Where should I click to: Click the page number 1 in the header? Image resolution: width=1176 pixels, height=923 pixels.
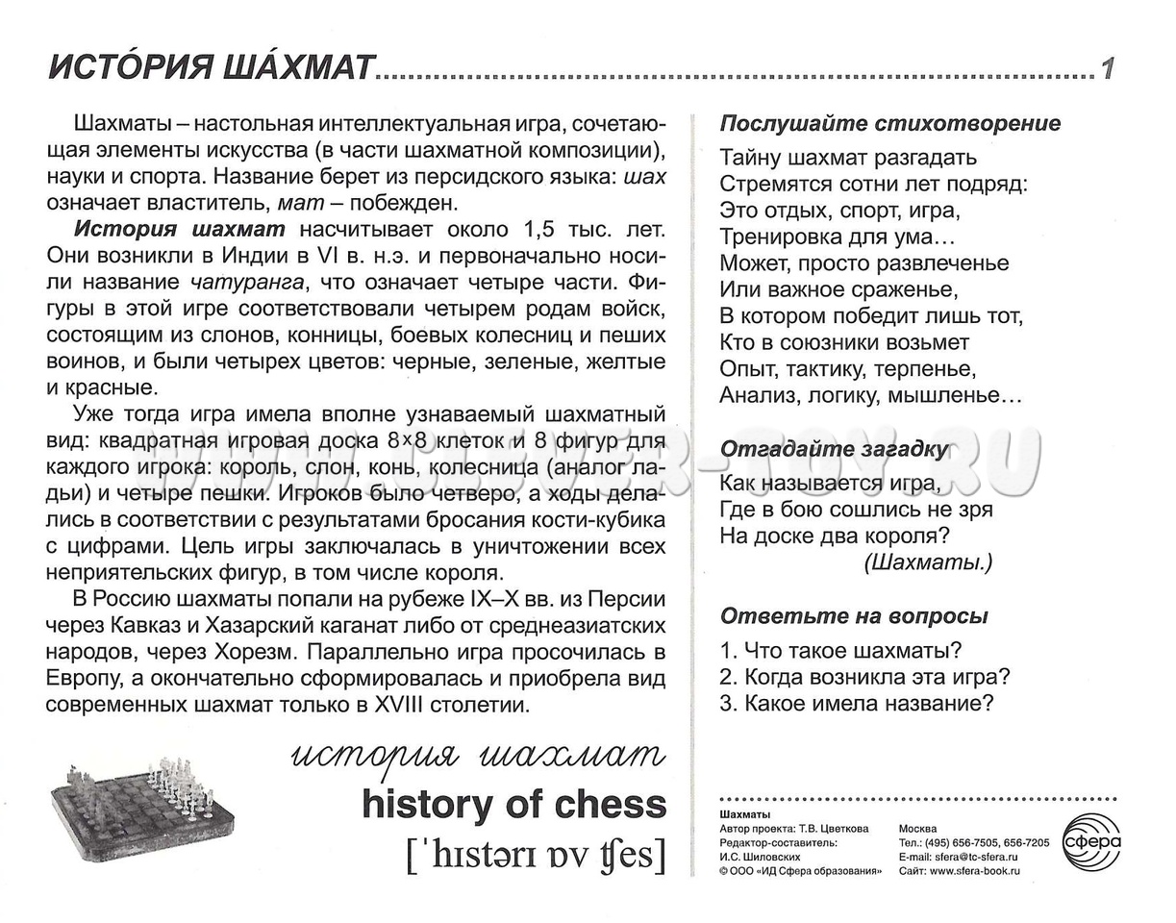1108,68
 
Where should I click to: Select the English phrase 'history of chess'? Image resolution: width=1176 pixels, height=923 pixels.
513,805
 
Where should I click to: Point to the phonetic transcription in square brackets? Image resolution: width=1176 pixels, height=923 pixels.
536,853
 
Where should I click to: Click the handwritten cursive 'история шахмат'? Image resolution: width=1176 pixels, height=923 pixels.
478,757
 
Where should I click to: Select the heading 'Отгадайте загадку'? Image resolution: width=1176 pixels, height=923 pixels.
834,449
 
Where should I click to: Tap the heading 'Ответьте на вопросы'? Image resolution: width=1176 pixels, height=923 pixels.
854,616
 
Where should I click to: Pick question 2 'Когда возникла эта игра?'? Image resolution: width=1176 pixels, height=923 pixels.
864,676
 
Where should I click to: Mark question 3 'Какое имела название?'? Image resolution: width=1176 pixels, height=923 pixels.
856,703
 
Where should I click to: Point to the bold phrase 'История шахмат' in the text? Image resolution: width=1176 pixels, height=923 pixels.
179,229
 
